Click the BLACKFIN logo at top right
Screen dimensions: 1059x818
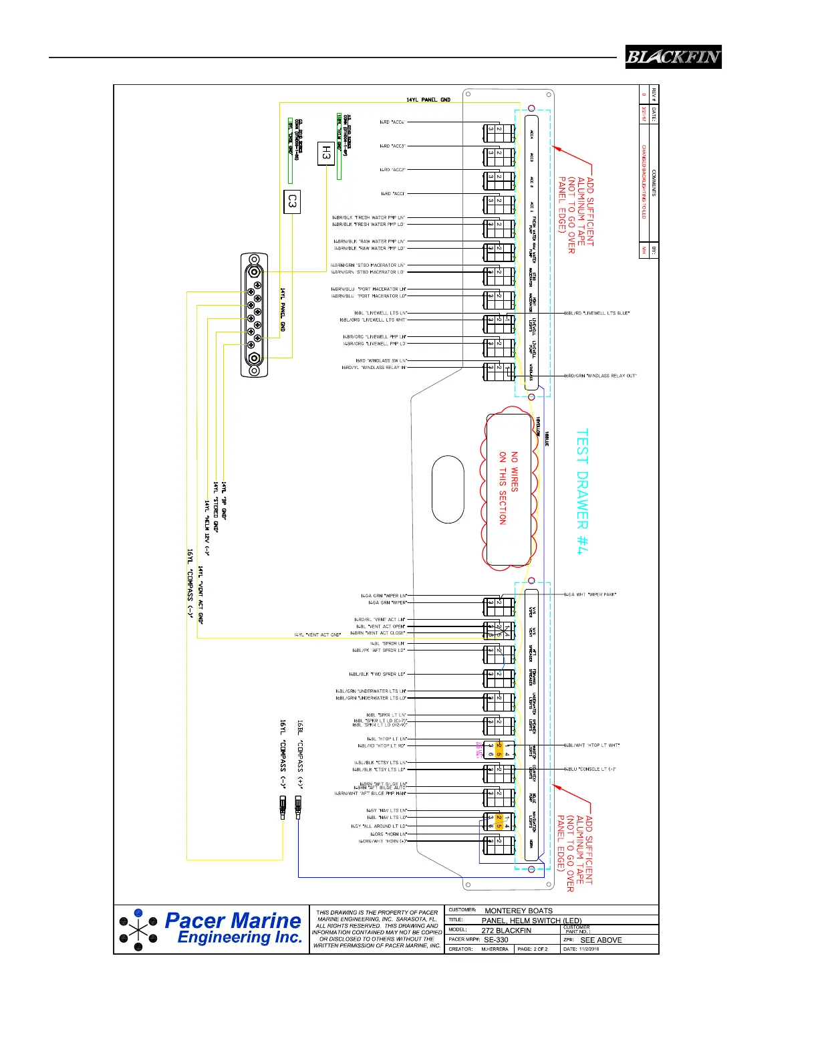click(x=673, y=57)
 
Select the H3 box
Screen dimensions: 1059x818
click(x=325, y=153)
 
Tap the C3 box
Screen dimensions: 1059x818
click(x=291, y=201)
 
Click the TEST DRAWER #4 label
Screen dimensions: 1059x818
click(x=582, y=491)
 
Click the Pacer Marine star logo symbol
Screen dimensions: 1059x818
click(x=138, y=930)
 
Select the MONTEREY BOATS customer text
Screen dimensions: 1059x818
click(x=519, y=911)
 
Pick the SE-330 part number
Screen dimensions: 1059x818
click(x=496, y=939)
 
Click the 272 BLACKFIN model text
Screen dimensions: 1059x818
click(x=506, y=930)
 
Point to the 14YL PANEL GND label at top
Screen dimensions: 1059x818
click(x=428, y=100)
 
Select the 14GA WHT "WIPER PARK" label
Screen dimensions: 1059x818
click(x=590, y=594)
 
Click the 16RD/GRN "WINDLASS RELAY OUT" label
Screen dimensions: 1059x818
click(x=601, y=376)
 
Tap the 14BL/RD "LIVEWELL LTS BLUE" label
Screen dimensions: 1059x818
click(x=597, y=313)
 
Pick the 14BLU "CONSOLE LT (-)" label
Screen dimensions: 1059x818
click(x=590, y=769)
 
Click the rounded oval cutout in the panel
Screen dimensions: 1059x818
click(x=448, y=489)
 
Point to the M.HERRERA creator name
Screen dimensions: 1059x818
click(x=495, y=949)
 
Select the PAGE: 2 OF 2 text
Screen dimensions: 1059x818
click(x=533, y=949)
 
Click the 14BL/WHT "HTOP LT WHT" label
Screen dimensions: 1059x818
click(x=592, y=745)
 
